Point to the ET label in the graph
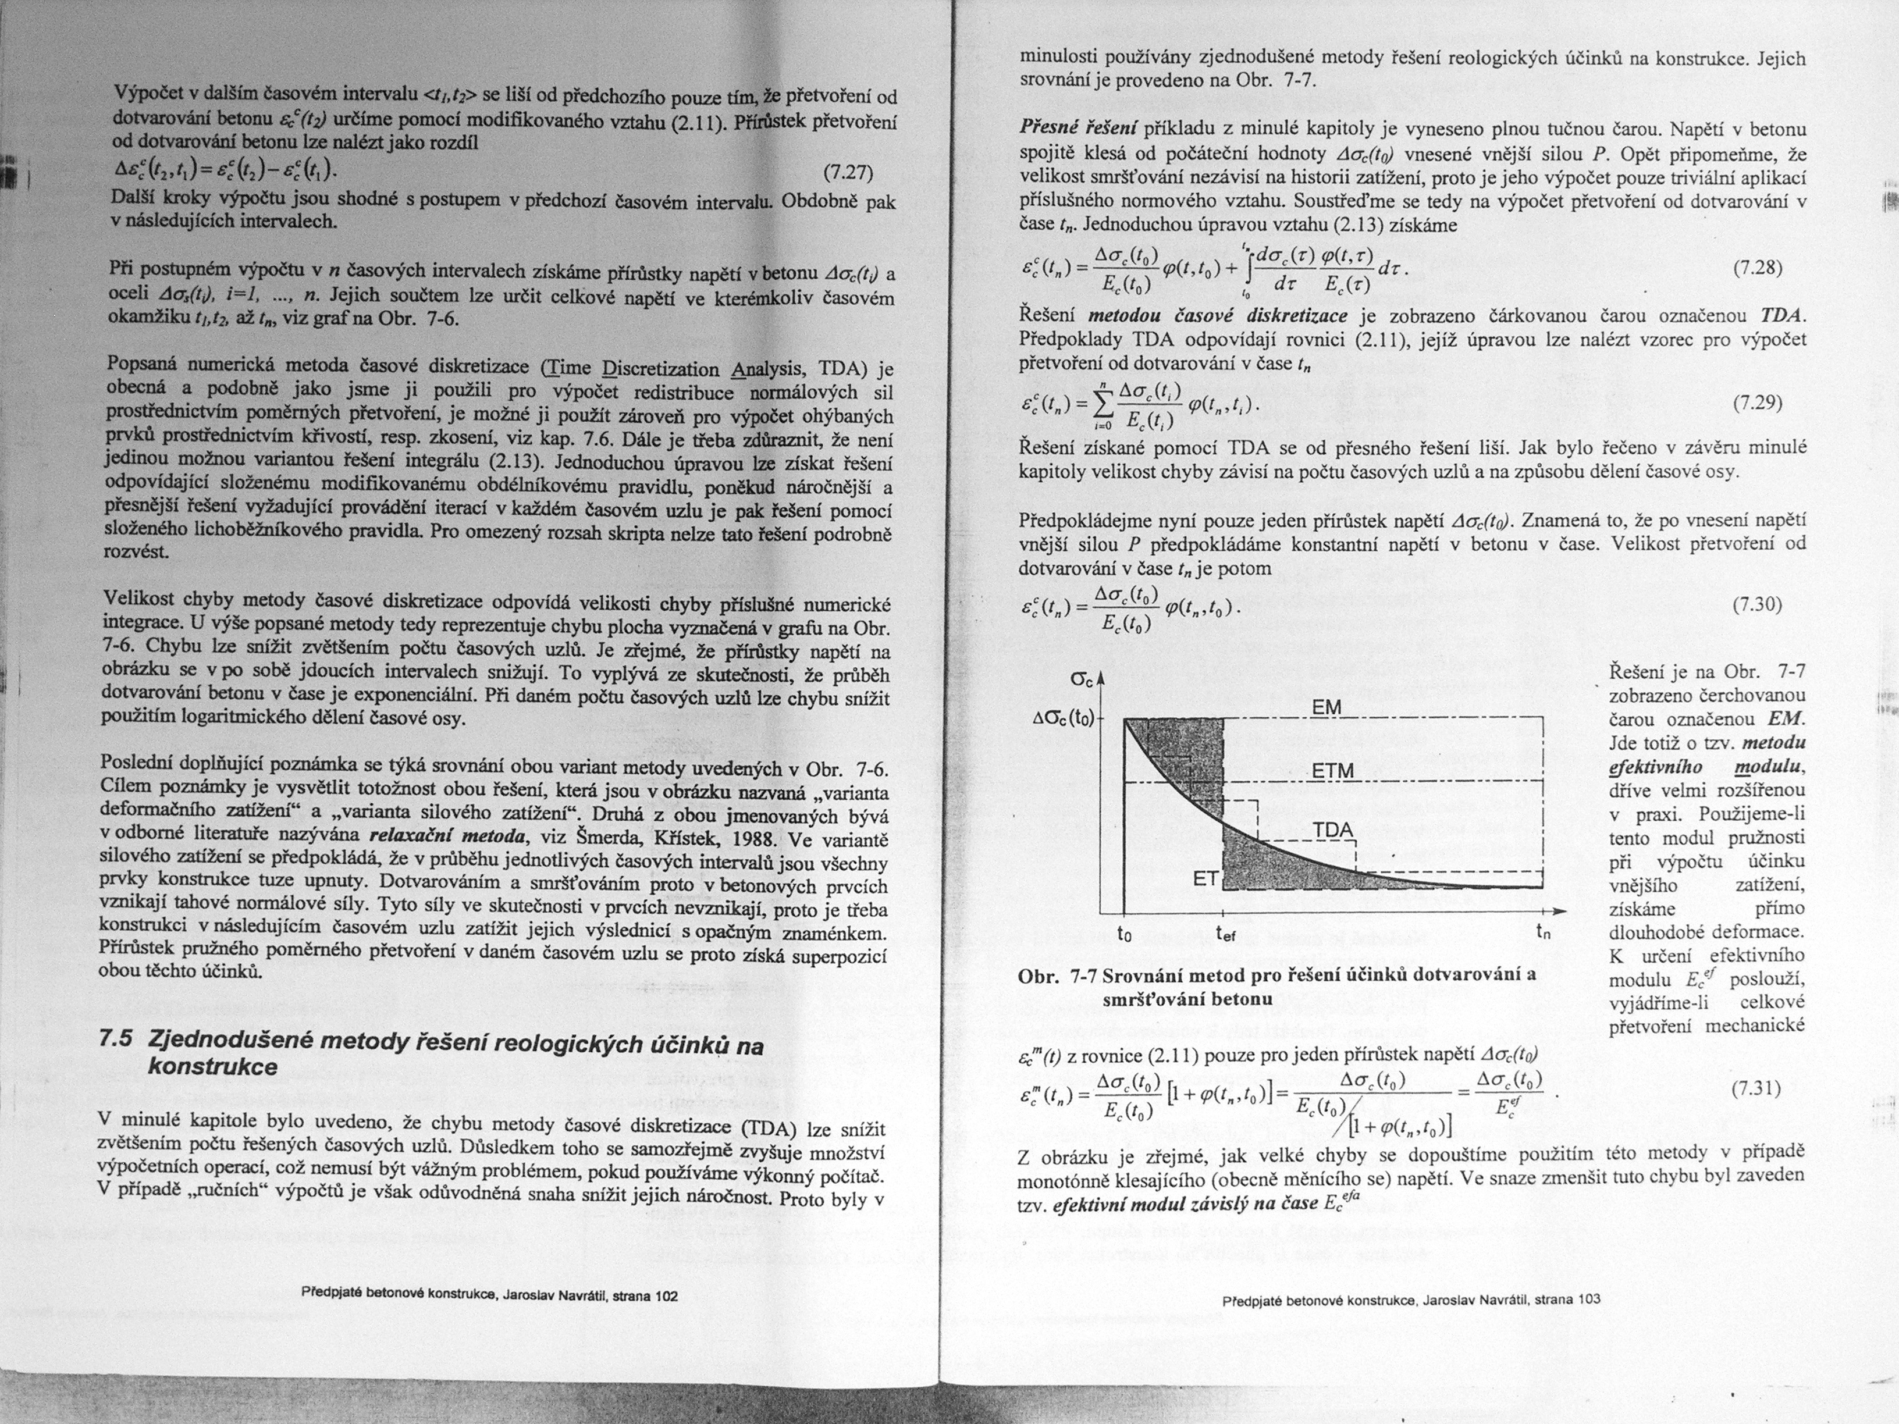[1205, 879]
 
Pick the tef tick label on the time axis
[1225, 934]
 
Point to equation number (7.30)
[1758, 605]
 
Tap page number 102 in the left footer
[666, 1295]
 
